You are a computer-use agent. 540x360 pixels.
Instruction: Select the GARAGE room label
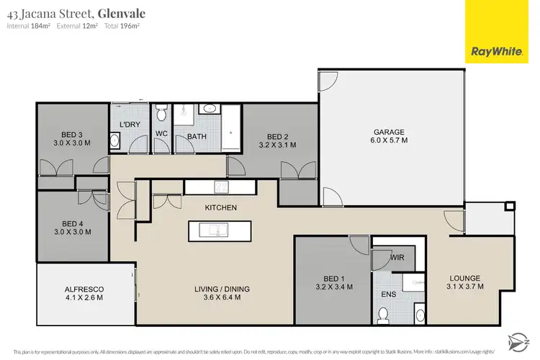(389, 132)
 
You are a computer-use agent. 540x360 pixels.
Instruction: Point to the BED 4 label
(73, 222)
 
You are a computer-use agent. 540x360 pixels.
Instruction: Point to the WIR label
(397, 256)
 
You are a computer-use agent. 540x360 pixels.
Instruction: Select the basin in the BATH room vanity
(210, 109)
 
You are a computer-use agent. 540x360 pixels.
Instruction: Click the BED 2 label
(278, 136)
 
